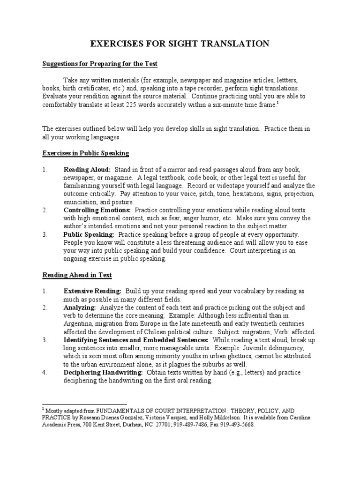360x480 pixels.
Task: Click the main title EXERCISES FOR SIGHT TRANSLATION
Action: coord(180,44)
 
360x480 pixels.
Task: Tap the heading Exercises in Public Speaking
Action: coord(85,153)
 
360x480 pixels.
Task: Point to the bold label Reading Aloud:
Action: coord(87,169)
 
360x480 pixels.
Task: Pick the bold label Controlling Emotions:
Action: coord(97,210)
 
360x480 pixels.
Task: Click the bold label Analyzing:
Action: coord(80,307)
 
